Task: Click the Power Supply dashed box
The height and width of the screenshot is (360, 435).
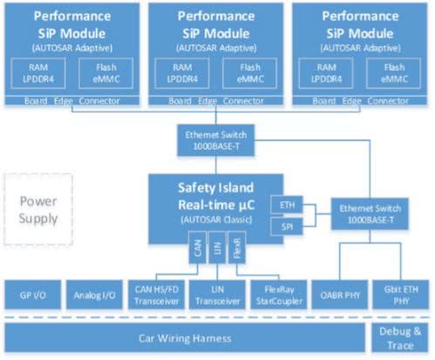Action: point(38,209)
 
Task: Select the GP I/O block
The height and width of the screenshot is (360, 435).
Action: point(33,295)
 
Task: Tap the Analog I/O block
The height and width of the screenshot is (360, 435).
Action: point(94,295)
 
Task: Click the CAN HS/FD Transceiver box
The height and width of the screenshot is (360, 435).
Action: point(156,295)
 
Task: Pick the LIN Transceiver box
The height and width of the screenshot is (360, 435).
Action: point(217,295)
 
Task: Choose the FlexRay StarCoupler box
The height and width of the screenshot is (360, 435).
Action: point(279,295)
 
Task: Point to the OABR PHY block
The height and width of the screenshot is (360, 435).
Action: point(340,295)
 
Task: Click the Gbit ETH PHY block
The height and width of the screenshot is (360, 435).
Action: point(401,295)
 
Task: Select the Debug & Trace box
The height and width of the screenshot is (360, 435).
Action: point(400,338)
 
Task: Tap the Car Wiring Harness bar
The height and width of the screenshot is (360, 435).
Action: point(185,338)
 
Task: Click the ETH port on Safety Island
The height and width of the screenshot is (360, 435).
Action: point(287,205)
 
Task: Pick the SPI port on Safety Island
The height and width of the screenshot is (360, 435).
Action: point(287,227)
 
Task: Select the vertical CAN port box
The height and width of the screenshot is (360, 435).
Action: point(198,248)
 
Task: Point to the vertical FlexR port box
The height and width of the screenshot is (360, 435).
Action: point(237,248)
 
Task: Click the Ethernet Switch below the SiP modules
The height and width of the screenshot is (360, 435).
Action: point(216,140)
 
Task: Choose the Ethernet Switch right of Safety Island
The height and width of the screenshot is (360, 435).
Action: point(370,214)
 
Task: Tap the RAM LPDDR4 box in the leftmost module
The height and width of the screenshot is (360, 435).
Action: point(38,73)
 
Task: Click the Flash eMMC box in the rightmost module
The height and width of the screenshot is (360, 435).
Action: point(394,73)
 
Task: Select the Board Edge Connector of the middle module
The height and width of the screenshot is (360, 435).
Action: point(216,100)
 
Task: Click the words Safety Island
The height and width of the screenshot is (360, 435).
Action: point(215,187)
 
